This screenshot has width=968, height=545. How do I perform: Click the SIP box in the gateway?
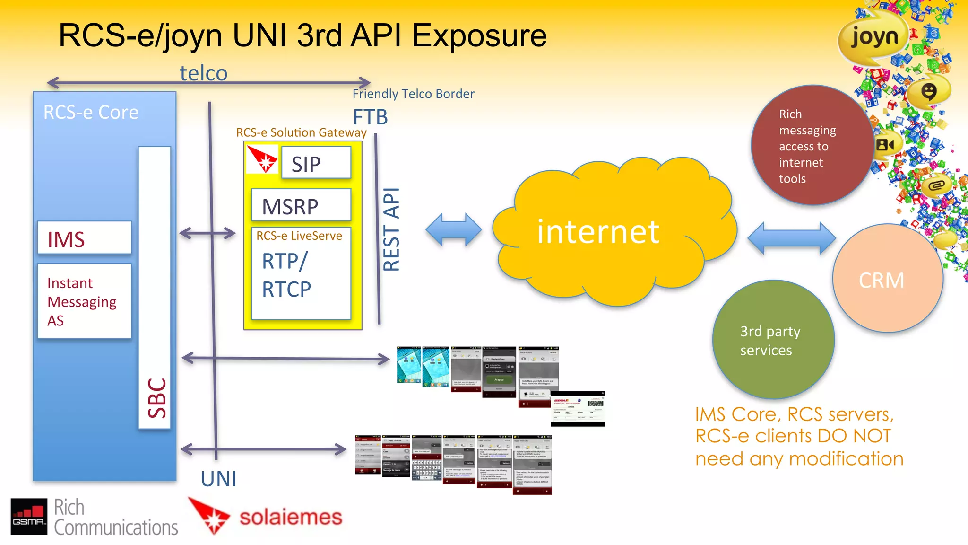pos(316,163)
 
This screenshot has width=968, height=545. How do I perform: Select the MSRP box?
pos(301,205)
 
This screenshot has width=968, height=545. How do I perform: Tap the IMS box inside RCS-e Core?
pos(84,238)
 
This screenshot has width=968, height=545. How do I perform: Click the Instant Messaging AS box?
pos(84,301)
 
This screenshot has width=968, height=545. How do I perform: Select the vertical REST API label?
pos(391,229)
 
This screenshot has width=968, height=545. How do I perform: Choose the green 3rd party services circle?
pos(772,340)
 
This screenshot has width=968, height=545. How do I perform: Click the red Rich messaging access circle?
pos(811,146)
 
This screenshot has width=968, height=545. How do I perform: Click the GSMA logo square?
pos(29,516)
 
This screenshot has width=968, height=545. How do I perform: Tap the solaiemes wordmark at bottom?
pos(290,517)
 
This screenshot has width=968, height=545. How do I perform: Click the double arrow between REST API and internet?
pos(453,230)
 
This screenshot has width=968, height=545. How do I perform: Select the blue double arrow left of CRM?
pos(791,238)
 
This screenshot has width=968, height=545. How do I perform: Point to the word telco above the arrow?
pos(203,73)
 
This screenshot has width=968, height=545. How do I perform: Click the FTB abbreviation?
pos(370,117)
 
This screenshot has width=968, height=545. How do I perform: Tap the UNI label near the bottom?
pos(218,479)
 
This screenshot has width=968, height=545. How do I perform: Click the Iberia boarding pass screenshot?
pos(578,409)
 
